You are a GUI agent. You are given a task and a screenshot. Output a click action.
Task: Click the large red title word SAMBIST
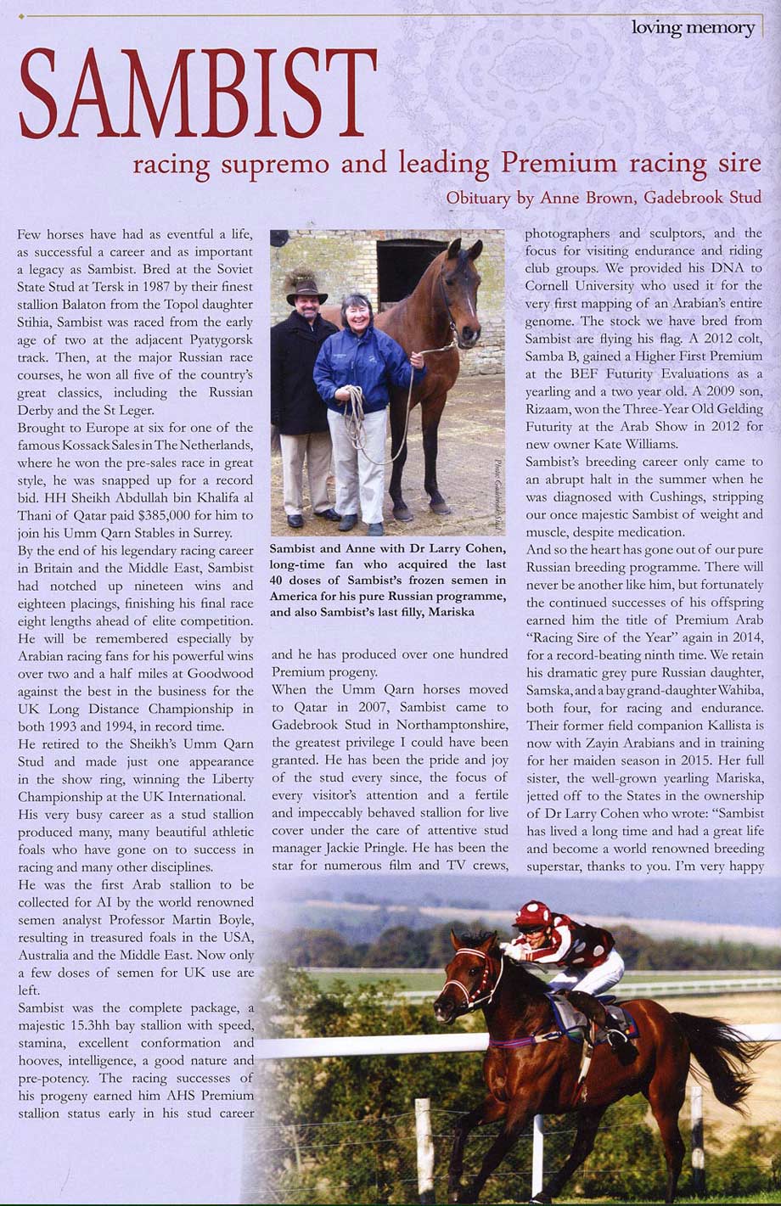pyautogui.click(x=197, y=94)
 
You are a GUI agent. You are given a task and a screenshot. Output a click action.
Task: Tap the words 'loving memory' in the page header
pyautogui.click(x=693, y=28)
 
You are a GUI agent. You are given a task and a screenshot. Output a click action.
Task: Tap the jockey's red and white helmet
pyautogui.click(x=532, y=915)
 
